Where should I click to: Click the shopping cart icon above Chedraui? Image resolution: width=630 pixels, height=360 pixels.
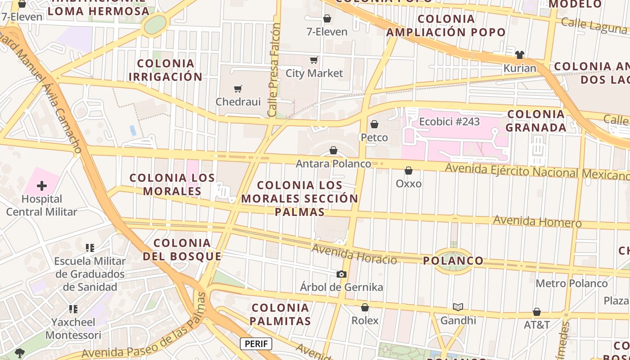coord(238,89)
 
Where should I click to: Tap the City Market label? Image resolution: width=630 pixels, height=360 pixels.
coord(314,73)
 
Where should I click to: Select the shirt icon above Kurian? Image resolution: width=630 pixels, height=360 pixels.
coord(520,55)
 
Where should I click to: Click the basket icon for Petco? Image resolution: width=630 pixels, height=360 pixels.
coord(374,124)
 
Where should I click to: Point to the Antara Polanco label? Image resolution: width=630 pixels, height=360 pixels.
coord(333,164)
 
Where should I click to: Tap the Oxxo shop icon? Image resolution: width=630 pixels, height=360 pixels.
coord(409,171)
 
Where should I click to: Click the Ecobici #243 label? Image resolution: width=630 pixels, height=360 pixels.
coord(449,121)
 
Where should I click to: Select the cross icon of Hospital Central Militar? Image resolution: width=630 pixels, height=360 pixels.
coord(42,186)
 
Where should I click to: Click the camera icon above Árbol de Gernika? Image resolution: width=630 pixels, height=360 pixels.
coord(342,274)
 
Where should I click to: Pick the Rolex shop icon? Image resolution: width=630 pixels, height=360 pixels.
coord(365,307)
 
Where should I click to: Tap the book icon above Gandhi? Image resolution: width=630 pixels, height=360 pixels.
coord(458,307)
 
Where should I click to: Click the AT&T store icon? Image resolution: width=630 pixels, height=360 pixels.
coord(537,311)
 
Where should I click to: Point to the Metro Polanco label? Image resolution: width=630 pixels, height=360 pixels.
coord(571,283)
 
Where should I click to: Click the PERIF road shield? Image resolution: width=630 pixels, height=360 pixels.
coord(256,344)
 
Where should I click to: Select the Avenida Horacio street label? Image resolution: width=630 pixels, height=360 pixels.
coord(354,255)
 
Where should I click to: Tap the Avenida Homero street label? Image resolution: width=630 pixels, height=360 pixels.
coord(537,221)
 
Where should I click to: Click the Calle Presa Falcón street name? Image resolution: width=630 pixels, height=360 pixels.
coord(274,70)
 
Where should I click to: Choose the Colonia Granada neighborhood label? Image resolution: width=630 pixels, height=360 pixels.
coord(536,121)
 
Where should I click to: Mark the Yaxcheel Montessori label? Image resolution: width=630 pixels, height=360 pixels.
coord(73,328)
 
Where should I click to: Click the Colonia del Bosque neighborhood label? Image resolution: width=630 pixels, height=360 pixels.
coord(182,250)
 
